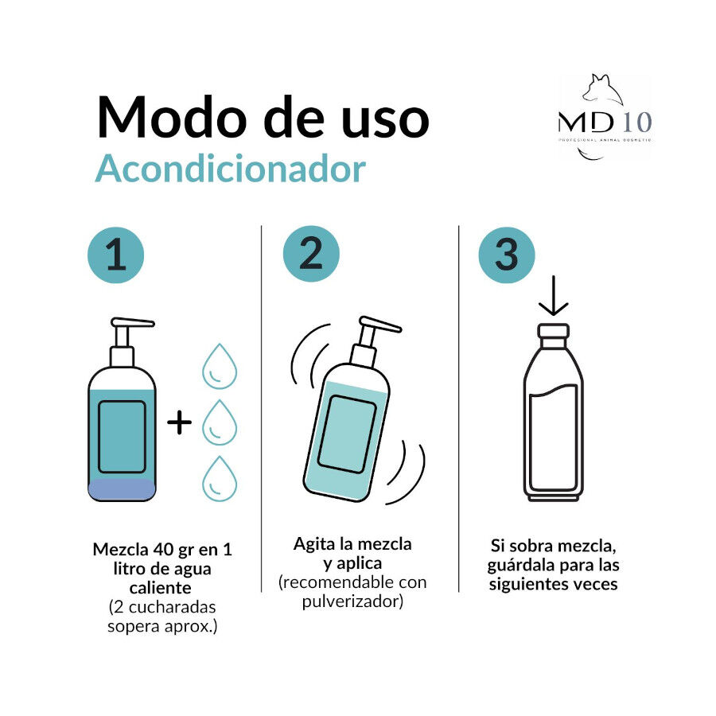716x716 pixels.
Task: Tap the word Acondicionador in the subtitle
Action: pos(231,169)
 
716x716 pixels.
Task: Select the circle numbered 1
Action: pos(116,256)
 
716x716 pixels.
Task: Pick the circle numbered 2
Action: pos(311,254)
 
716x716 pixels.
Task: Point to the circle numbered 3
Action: pos(507,255)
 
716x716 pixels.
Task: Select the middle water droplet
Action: pos(220,422)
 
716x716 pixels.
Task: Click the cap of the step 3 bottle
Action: pos(553,331)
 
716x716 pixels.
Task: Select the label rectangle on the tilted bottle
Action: pos(346,433)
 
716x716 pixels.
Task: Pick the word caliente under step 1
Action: pos(161,588)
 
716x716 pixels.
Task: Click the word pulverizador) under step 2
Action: pos(352,601)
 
